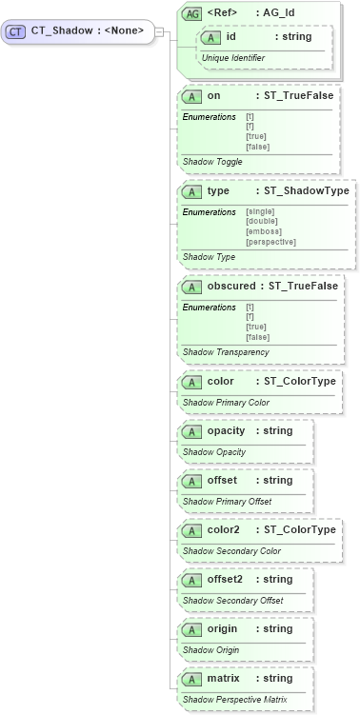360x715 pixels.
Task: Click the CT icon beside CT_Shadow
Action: point(15,31)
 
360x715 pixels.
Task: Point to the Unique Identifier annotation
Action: point(232,58)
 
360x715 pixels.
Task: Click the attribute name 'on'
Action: point(213,96)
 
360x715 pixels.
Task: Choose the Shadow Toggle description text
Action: point(212,162)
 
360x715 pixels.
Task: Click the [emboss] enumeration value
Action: point(263,231)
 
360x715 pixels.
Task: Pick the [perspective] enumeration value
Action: point(270,242)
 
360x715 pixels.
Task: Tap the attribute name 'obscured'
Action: point(231,286)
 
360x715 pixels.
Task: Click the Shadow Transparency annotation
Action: point(225,352)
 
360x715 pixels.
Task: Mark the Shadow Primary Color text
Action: point(226,403)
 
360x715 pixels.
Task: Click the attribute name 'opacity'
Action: point(227,430)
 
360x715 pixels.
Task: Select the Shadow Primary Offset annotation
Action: point(227,502)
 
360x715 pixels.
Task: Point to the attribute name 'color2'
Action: point(224,529)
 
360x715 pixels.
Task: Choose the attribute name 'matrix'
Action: point(223,678)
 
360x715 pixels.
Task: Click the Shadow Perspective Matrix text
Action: point(234,700)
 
